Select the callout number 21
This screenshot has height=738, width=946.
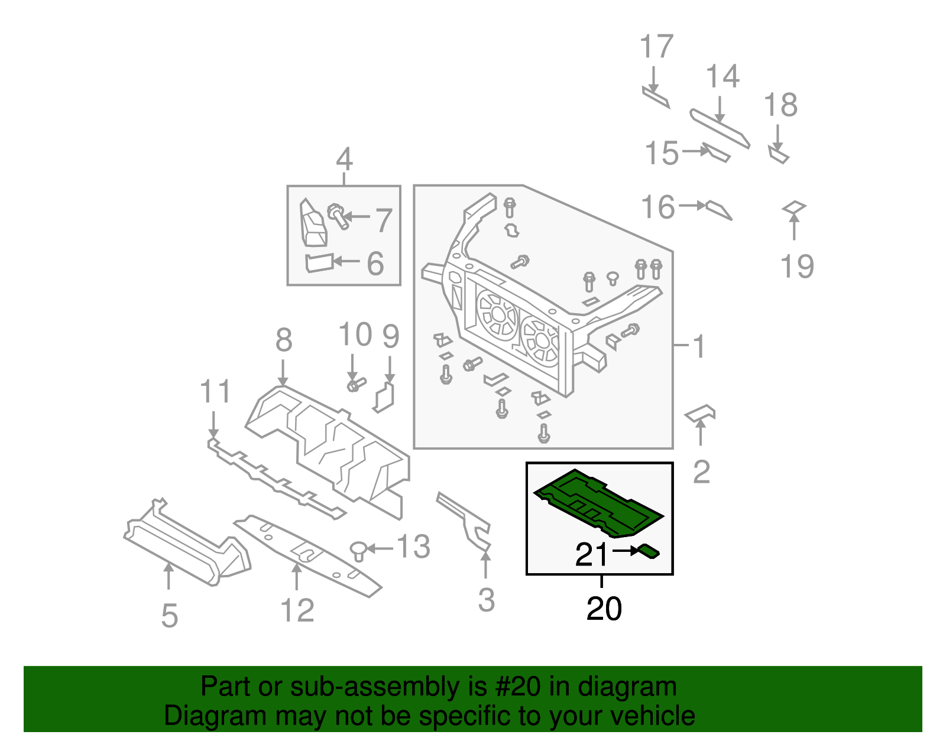tap(591, 554)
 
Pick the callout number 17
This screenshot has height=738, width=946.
tap(656, 47)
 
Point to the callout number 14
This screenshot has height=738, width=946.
tap(723, 77)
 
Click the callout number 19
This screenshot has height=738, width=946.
tap(797, 266)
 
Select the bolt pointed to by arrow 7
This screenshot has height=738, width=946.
tap(338, 216)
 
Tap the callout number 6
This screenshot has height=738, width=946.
tap(375, 264)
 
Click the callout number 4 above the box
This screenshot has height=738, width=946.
tap(344, 160)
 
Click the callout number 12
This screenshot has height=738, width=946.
tap(297, 610)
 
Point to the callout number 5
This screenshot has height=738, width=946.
tap(169, 616)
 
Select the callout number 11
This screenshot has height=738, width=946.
tap(215, 392)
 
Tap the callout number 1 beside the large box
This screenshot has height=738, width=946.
tap(699, 346)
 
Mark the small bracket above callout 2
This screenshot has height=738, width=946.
tap(701, 413)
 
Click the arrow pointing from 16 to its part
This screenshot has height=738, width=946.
tap(692, 206)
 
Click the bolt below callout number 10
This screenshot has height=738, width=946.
tap(355, 385)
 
